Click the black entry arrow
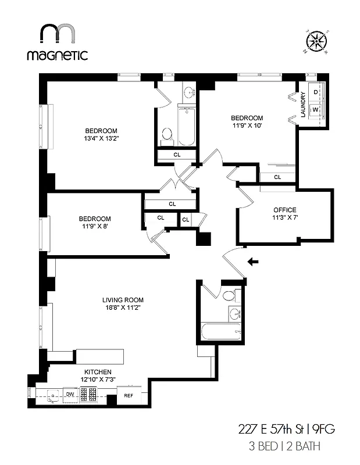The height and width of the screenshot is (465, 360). tap(253, 262)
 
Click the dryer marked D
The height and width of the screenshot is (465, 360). tap(316, 92)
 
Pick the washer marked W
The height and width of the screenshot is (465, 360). tap(316, 109)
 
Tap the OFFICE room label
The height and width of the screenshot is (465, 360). tap(285, 210)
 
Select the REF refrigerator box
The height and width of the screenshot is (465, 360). tap(129, 398)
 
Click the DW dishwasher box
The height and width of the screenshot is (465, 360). tap(70, 395)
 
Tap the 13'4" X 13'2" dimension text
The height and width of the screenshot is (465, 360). tap(101, 138)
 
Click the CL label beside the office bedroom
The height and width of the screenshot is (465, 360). tap(277, 177)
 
